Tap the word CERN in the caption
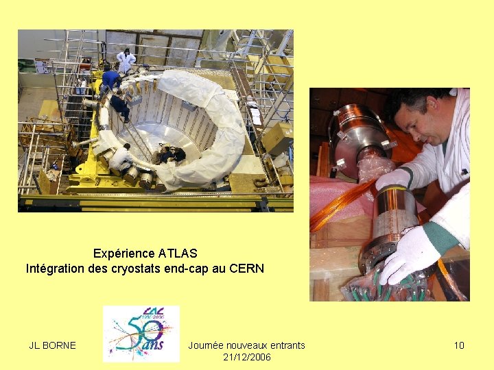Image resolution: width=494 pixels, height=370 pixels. click(247, 269)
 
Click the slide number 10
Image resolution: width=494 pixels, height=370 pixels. click(459, 345)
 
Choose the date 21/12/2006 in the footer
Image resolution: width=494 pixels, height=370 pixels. click(247, 357)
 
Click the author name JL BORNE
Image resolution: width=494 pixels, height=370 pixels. click(52, 345)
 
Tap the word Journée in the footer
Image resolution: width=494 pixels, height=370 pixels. click(206, 345)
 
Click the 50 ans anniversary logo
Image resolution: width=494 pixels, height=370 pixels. click(141, 334)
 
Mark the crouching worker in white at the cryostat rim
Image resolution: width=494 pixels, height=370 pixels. click(121, 158)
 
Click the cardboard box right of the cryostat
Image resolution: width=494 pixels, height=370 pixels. click(278, 137)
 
